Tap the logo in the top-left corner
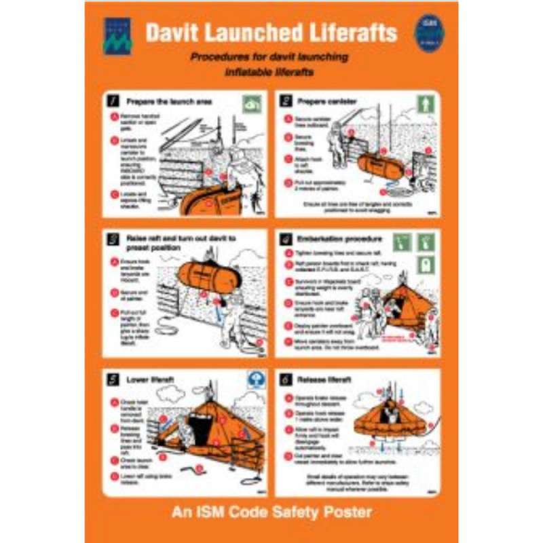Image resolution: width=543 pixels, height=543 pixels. coord(117,36)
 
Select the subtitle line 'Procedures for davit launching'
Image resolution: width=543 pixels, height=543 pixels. coord(269,57)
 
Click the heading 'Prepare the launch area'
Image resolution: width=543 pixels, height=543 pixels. coord(170,102)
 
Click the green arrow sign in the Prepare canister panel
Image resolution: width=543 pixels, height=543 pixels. coord(425,104)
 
